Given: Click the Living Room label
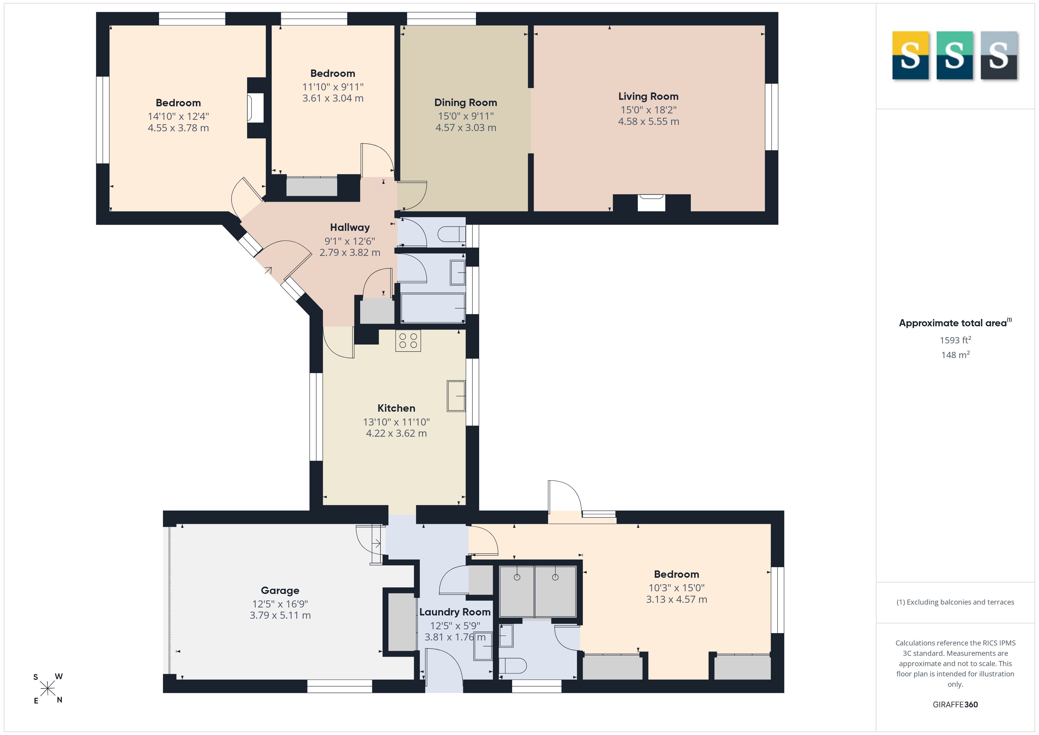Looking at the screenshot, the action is [x=648, y=96].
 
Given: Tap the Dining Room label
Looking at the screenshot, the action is [x=466, y=103].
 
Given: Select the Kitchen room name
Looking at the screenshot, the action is [x=396, y=408].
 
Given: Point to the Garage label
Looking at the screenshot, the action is [x=280, y=591].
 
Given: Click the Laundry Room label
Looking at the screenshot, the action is [x=455, y=612].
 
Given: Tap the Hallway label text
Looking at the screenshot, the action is [x=350, y=228].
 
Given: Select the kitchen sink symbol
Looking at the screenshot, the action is [x=456, y=396].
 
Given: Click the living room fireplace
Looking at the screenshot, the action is [x=651, y=203].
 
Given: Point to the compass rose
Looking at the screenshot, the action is [x=47, y=689].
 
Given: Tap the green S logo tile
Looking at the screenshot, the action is [x=954, y=55].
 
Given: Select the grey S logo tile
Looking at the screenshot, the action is [x=999, y=55].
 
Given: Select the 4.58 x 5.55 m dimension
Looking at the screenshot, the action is [x=648, y=121].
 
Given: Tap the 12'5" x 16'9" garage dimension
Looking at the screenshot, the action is [x=280, y=604].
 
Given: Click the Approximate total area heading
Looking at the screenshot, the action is [x=955, y=323].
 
